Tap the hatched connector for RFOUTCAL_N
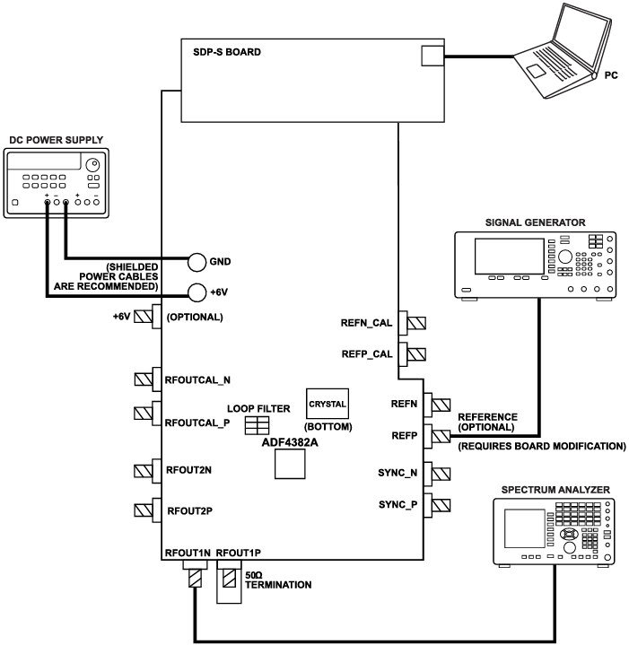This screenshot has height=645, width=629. click(142, 379)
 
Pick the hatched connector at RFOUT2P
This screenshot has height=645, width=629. click(142, 510)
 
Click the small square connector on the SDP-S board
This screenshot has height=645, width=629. click(431, 57)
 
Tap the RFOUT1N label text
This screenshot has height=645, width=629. click(186, 553)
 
